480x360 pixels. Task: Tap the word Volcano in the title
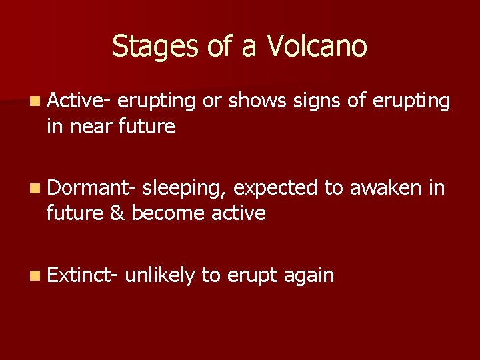tap(317, 47)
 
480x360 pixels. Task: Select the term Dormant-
tap(92, 188)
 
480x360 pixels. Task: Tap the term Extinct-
tap(83, 274)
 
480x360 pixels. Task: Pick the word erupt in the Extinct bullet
tap(251, 275)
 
